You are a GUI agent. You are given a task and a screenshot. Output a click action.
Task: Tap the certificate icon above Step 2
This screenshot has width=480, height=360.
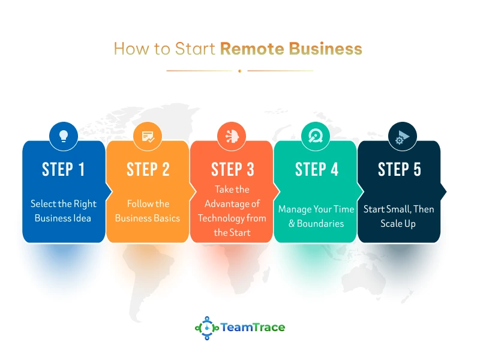[148, 136]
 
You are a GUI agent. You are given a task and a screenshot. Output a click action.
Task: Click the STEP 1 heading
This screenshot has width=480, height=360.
[64, 170]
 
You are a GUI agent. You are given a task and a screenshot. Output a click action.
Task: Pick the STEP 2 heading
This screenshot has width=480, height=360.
[148, 170]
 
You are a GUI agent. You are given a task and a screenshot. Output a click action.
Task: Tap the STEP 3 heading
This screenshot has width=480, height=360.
[232, 170]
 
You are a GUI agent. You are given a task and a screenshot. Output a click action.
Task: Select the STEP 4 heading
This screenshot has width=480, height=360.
[316, 170]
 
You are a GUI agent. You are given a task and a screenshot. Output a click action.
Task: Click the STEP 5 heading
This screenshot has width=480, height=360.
[400, 170]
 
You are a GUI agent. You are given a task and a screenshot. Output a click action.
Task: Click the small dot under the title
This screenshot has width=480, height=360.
[239, 71]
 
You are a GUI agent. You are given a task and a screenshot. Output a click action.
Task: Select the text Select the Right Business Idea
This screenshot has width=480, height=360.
[64, 211]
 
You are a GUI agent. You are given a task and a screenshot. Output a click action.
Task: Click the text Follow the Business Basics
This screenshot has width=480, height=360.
[148, 211]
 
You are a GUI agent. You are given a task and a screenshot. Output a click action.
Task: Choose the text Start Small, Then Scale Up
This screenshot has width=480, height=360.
[398, 216]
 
